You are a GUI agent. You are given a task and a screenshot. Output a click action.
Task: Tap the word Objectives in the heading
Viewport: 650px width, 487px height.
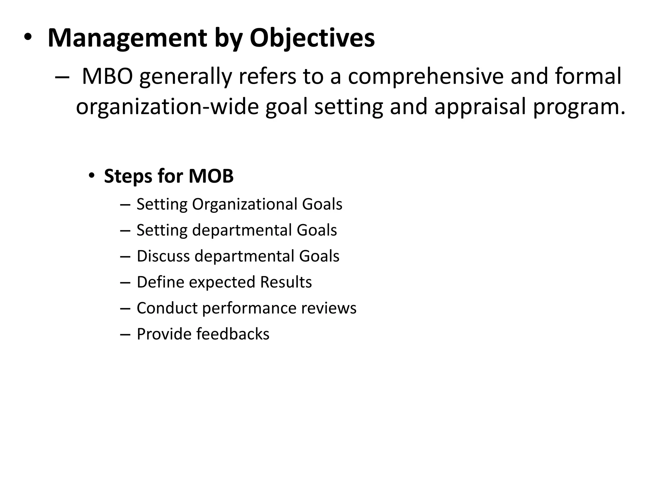click(x=312, y=38)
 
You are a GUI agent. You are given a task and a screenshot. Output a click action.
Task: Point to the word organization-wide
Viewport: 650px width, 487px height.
click(x=167, y=107)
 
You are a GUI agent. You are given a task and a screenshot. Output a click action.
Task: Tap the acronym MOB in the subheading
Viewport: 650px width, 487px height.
click(x=211, y=176)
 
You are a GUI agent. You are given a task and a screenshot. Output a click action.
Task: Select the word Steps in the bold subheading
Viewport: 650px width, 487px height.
click(x=128, y=176)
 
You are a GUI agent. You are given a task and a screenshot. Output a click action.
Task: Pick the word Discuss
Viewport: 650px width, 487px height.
click(x=163, y=256)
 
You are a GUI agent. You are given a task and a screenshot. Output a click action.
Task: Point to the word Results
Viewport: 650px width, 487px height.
click(x=286, y=282)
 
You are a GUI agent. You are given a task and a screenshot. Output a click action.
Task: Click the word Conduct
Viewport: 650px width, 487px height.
click(x=167, y=308)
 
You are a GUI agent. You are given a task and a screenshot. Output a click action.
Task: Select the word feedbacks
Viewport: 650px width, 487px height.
click(x=233, y=334)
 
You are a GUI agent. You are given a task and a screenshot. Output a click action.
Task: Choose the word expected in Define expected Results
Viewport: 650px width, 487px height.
click(x=222, y=282)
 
